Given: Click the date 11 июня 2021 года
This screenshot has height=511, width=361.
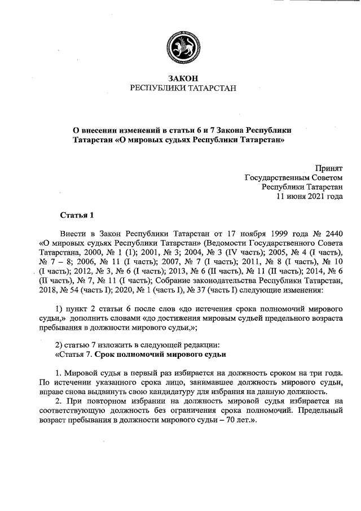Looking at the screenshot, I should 309,197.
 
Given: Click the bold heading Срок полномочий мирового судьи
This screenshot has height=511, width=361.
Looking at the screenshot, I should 161,355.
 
